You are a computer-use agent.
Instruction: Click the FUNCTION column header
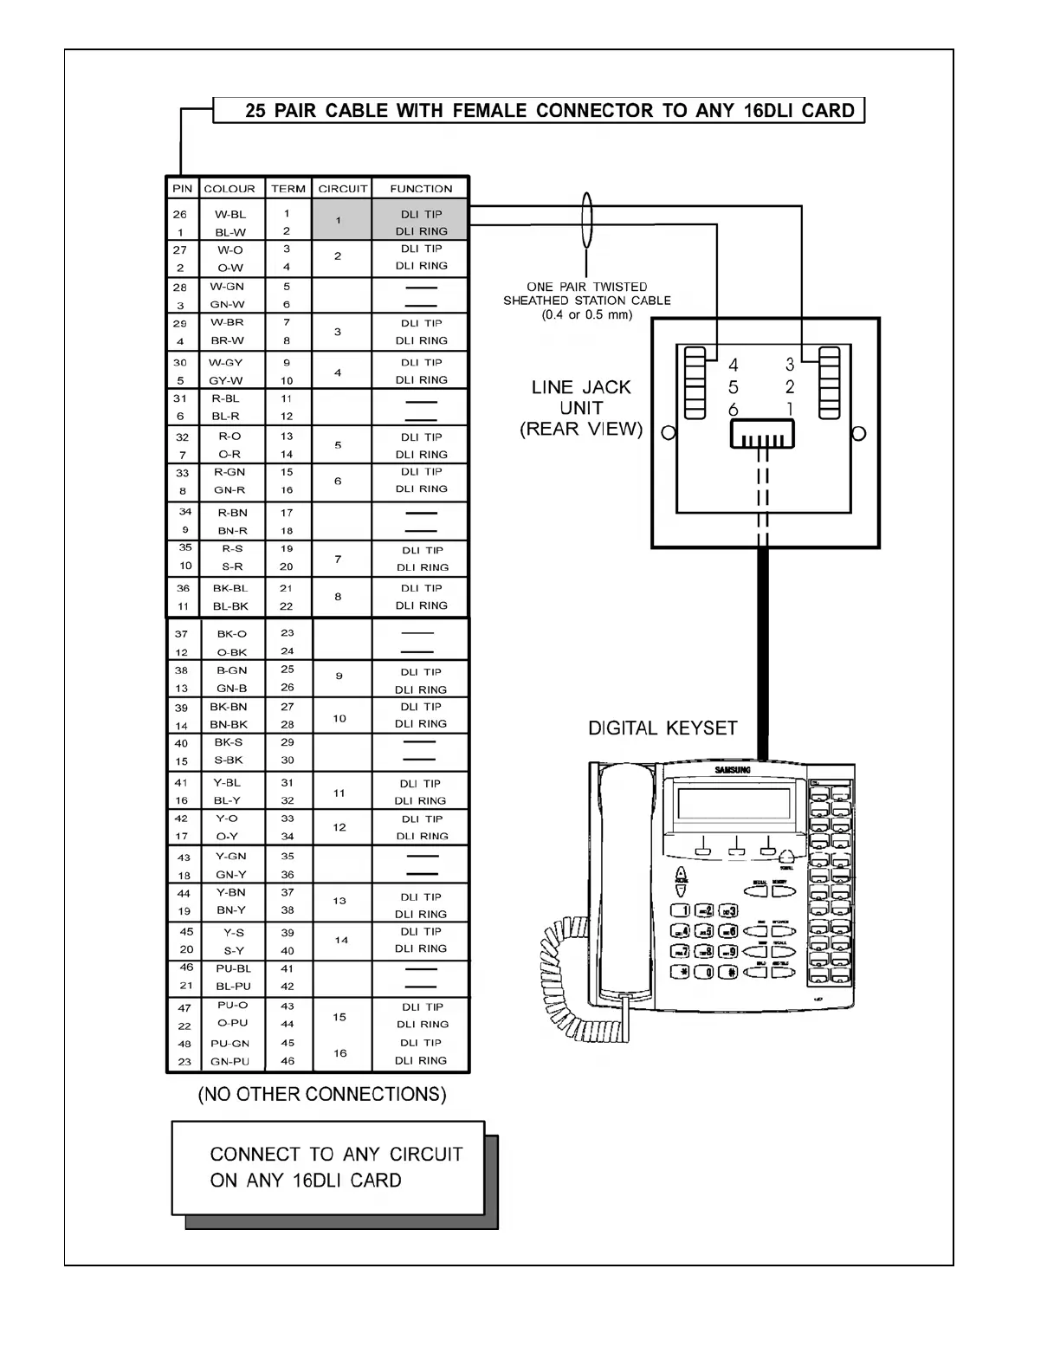click(x=421, y=189)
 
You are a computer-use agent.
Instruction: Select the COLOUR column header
click(x=229, y=189)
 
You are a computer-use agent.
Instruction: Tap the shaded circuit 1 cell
click(x=339, y=220)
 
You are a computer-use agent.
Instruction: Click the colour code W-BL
click(x=230, y=214)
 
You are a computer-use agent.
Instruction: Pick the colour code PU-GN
click(x=230, y=1044)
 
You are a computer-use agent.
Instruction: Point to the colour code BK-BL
click(x=230, y=588)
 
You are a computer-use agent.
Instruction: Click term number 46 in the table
click(x=288, y=1061)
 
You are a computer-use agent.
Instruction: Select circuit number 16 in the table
click(x=340, y=1053)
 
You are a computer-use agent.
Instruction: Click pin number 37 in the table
click(x=181, y=634)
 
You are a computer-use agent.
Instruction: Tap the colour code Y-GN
click(x=231, y=857)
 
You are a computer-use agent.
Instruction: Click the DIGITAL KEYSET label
click(x=662, y=728)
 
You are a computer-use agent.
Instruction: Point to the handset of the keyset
click(x=625, y=875)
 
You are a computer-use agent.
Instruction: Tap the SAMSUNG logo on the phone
click(x=733, y=770)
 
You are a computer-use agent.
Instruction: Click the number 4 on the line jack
click(x=734, y=366)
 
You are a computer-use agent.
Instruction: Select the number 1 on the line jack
click(x=790, y=409)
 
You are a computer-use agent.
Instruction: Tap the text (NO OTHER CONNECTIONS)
click(x=322, y=1095)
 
